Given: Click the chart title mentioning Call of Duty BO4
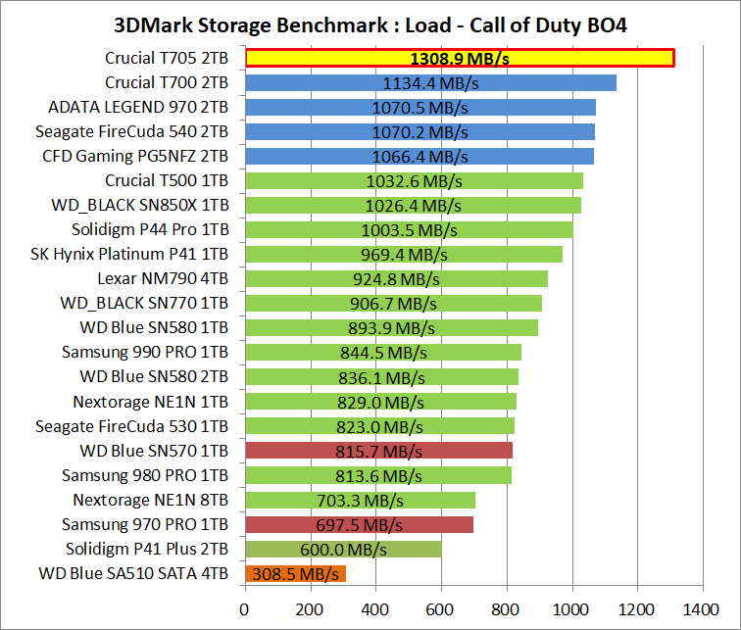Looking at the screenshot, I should click(370, 24).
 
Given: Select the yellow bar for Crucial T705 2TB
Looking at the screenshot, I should click(459, 59).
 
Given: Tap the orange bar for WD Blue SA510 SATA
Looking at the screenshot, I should click(295, 573).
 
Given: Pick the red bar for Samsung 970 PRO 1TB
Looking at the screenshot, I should click(359, 524).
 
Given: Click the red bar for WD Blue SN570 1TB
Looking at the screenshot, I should click(378, 451).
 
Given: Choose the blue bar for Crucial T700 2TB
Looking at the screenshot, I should click(430, 83).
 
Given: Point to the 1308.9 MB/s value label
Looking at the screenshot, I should click(459, 59).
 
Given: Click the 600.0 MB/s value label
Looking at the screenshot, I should click(343, 549).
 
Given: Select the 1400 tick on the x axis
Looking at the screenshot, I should click(703, 607).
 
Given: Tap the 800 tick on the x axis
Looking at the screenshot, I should click(507, 607).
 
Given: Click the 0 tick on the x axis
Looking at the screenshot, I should click(245, 607).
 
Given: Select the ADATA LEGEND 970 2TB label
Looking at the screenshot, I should click(138, 108).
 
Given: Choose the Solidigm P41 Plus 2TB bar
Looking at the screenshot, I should click(343, 549).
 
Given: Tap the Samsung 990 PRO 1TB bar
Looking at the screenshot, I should click(383, 353).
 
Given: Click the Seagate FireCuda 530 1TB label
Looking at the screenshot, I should click(132, 426).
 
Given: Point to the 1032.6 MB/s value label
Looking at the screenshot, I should click(414, 181).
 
